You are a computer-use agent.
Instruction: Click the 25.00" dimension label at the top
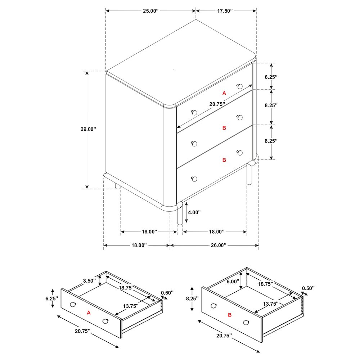click(151, 11)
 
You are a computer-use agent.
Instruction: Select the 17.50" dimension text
click(225, 11)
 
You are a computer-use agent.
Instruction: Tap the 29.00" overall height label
click(88, 129)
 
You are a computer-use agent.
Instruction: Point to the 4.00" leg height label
click(194, 212)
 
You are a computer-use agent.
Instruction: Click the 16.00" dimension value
click(149, 231)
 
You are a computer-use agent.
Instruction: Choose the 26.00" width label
click(219, 245)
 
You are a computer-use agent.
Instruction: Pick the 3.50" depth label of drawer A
click(89, 280)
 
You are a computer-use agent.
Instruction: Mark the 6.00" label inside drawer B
click(233, 282)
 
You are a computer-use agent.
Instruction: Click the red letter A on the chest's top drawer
click(224, 93)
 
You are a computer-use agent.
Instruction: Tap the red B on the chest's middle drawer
click(224, 128)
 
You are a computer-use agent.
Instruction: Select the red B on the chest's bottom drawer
click(224, 160)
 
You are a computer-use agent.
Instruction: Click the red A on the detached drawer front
click(89, 312)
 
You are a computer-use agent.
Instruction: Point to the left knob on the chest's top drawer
click(194, 112)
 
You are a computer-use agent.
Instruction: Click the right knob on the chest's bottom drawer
click(240, 153)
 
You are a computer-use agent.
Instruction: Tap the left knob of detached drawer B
click(213, 306)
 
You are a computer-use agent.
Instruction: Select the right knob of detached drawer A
click(105, 321)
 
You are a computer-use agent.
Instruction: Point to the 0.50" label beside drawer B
click(308, 288)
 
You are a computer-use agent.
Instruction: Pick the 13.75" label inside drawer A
click(131, 306)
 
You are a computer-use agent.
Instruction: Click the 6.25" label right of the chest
click(271, 77)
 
